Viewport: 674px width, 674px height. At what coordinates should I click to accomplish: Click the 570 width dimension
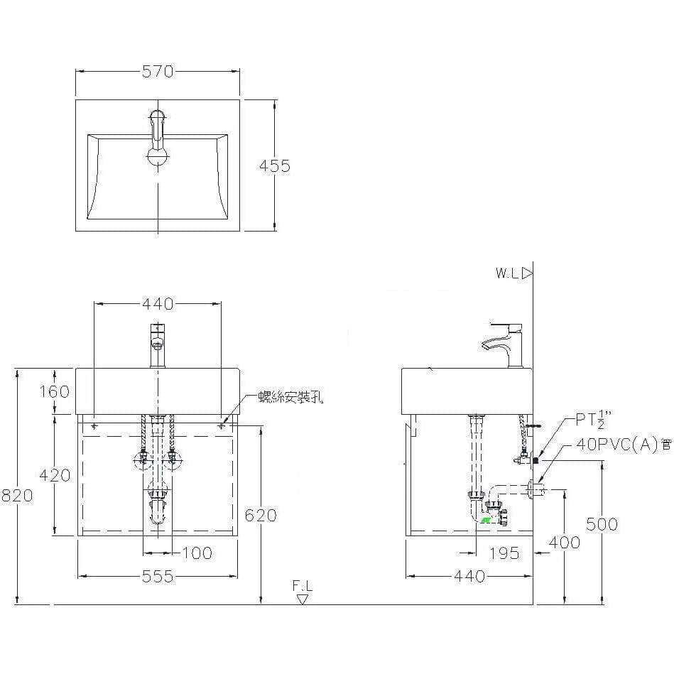(x=158, y=71)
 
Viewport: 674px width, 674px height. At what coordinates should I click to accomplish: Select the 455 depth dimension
(x=275, y=166)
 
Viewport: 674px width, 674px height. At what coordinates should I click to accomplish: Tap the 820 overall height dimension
(x=17, y=496)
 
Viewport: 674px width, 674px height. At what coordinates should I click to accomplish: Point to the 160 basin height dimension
(x=54, y=391)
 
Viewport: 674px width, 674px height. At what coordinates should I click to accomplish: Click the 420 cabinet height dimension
(x=55, y=475)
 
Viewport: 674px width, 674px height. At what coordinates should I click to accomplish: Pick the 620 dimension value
(x=261, y=516)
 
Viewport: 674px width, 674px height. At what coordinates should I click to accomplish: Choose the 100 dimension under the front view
(x=197, y=553)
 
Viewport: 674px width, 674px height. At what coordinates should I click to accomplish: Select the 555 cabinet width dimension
(x=158, y=577)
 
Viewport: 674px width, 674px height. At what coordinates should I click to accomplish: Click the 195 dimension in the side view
(x=504, y=553)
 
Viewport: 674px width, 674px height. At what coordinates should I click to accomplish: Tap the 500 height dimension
(x=602, y=524)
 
